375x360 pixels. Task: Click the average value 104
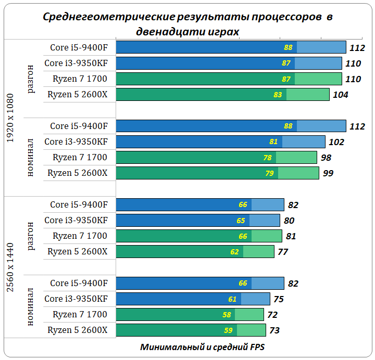tap(341, 95)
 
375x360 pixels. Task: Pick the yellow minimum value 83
tap(278, 95)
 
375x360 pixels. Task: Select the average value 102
tap(336, 142)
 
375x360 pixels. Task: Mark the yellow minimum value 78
tap(267, 158)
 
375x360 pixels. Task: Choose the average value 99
tap(328, 173)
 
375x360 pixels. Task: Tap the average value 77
tap(283, 252)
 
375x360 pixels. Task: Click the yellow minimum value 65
tap(241, 221)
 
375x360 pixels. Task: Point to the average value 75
tap(279, 299)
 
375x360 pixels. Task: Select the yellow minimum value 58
tap(226, 315)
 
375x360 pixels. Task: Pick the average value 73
tap(274, 330)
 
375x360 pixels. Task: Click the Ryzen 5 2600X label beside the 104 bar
tap(77, 95)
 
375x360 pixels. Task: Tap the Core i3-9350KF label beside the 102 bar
tap(76, 142)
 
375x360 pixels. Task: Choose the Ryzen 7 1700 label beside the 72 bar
tap(80, 315)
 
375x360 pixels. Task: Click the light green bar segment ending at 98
tap(296, 158)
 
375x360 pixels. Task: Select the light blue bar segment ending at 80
tap(265, 221)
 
